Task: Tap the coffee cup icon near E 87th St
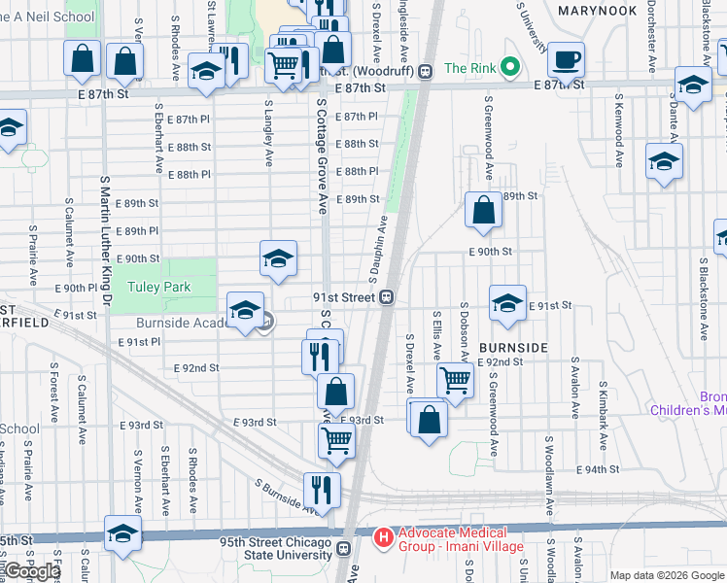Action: pos(566,60)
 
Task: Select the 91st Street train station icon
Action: pos(386,296)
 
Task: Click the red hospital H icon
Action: pos(383,536)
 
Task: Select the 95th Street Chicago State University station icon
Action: pos(343,549)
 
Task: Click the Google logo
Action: pos(31,571)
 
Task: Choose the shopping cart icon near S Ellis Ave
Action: pos(455,379)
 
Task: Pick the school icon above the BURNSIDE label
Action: pos(507,303)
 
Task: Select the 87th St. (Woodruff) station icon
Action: pos(425,70)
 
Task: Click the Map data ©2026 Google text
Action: pos(666,575)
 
